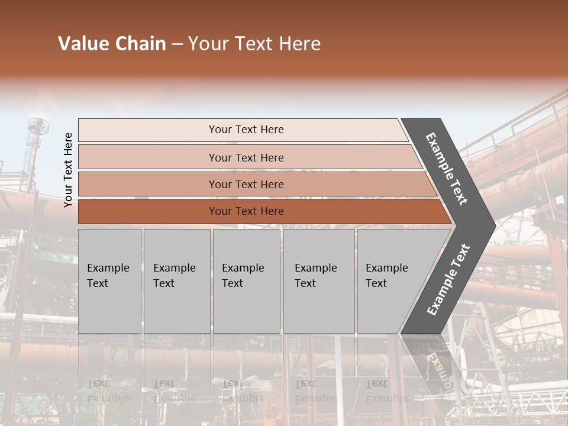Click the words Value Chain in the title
[112, 44]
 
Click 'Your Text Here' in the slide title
[254, 44]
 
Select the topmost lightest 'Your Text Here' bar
[246, 130]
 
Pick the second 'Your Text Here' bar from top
[246, 157]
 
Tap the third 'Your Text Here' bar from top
[246, 184]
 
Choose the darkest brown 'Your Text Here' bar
[246, 211]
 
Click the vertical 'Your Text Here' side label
[69, 170]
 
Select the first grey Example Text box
[109, 281]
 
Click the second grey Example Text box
[176, 281]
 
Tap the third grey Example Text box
[246, 281]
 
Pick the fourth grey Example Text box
[318, 281]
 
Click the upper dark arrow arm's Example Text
[447, 169]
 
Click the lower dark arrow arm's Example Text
[448, 279]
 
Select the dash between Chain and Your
[177, 44]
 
